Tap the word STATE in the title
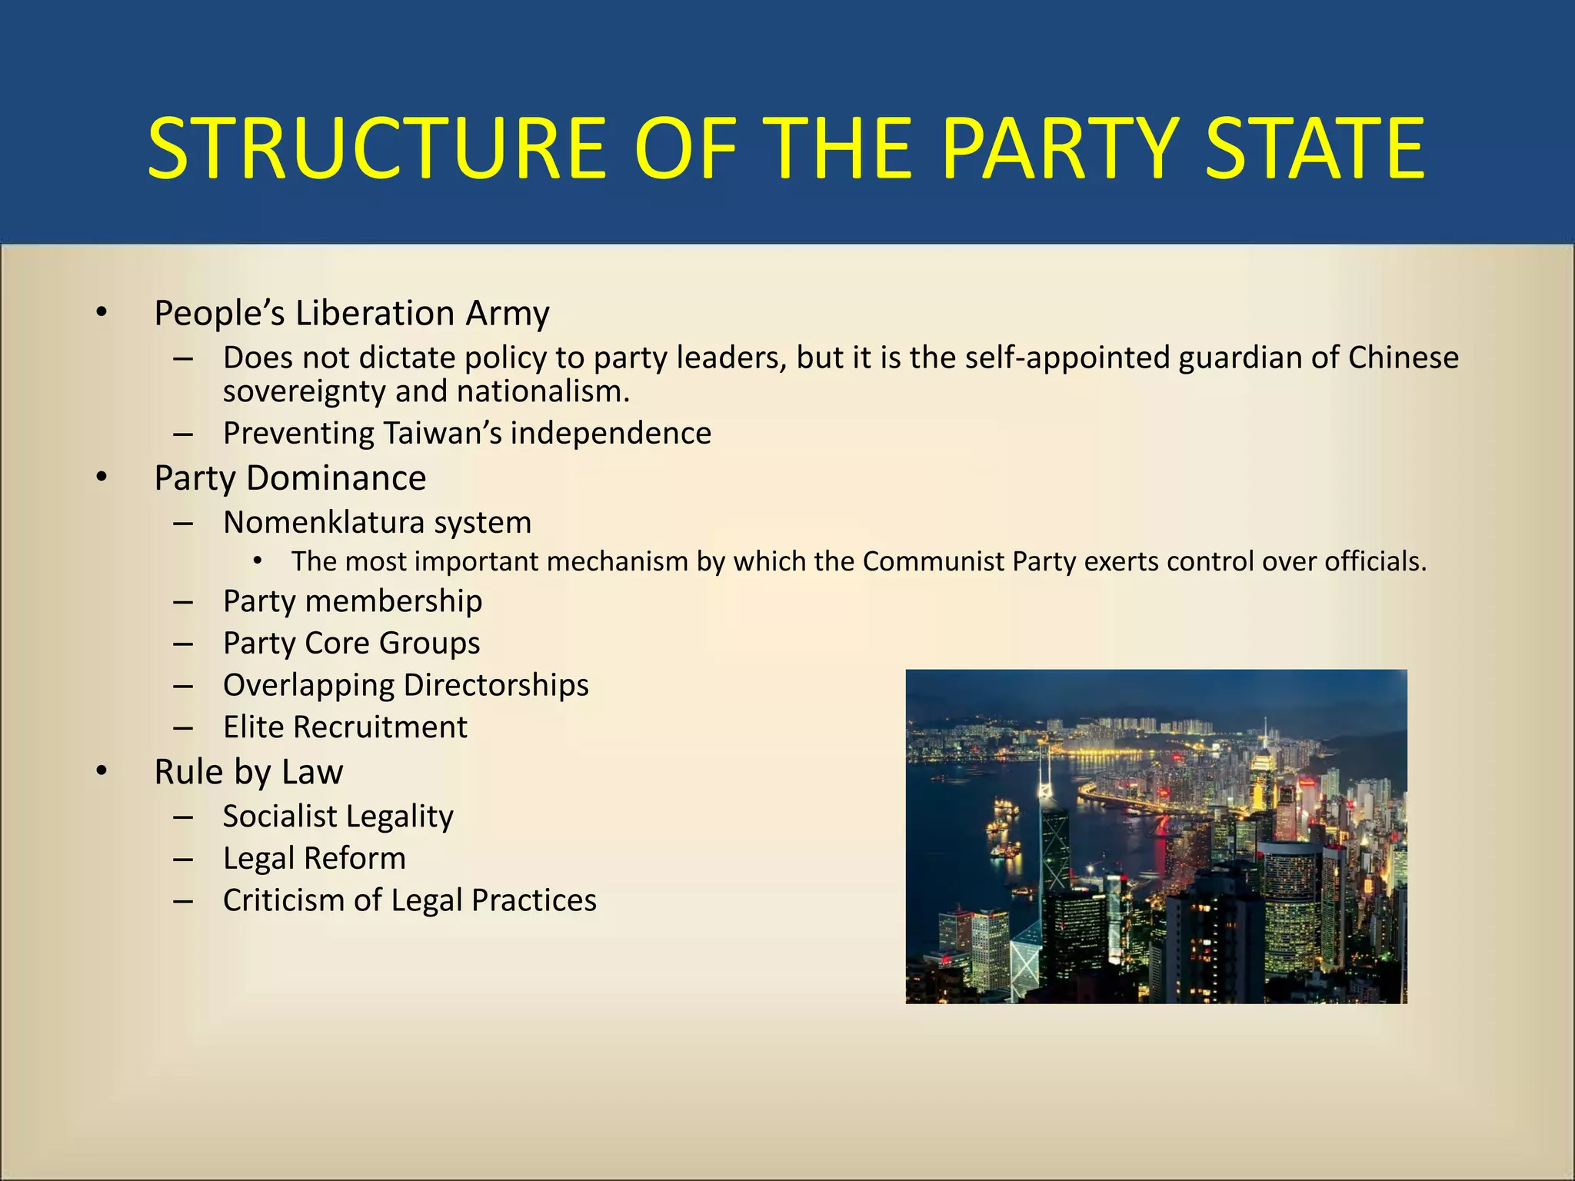click(1314, 148)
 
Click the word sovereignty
click(305, 392)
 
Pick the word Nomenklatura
click(323, 522)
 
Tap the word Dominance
click(336, 477)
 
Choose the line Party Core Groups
click(351, 643)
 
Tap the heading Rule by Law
click(248, 771)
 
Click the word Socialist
click(280, 816)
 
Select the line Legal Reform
click(315, 858)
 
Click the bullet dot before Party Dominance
click(102, 477)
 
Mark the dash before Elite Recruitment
click(183, 727)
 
